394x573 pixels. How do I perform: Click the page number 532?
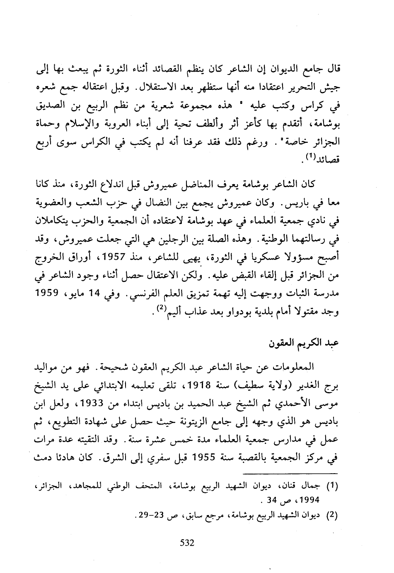tap(187, 542)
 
